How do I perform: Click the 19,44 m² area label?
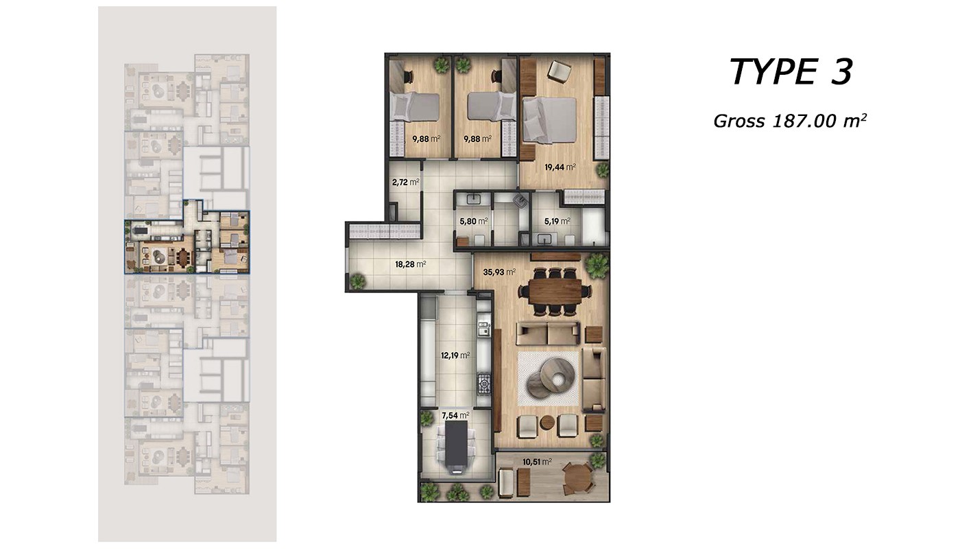pos(560,167)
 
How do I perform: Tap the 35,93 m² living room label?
pos(499,272)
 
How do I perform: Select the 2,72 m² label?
pos(405,182)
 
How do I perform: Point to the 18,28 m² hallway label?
pos(411,264)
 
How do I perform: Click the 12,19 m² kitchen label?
pos(455,355)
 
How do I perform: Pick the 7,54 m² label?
pos(455,415)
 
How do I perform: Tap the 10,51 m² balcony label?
pos(537,462)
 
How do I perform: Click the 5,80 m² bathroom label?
pos(474,221)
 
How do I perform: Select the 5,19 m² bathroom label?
pos(557,221)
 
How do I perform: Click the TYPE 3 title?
pos(791,72)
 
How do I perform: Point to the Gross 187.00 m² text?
pos(790,121)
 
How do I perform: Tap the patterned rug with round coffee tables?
pos(549,378)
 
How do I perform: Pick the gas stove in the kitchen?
pos(484,384)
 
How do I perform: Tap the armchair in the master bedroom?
pos(558,71)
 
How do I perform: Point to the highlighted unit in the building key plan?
pos(187,242)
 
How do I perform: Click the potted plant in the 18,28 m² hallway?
pos(357,281)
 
